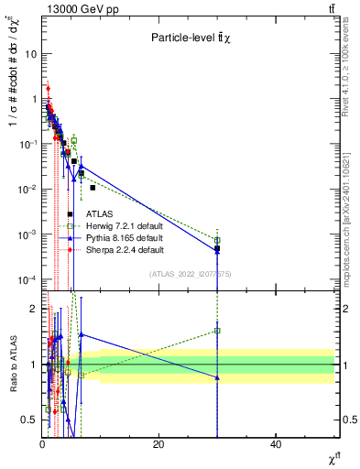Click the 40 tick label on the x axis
point(276,444)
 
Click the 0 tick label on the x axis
point(42,444)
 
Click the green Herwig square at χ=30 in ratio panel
point(217,331)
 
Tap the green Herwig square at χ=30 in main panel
point(217,240)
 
